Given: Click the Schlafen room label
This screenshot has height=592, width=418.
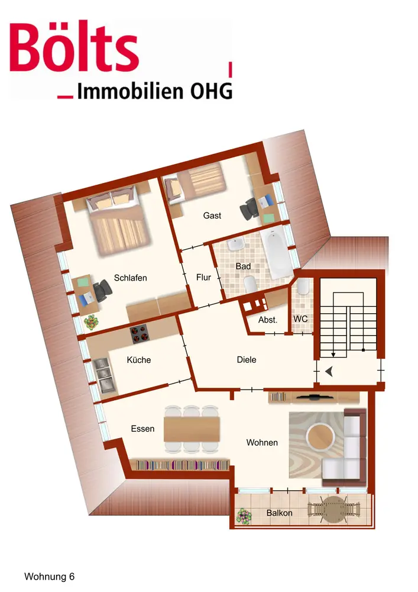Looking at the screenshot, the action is click(131, 278).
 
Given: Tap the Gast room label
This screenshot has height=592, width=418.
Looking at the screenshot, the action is click(212, 215).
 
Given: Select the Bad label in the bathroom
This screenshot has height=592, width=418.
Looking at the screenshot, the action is click(243, 266).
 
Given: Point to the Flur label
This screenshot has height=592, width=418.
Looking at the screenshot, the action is click(203, 277).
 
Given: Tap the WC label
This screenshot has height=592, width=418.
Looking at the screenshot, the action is click(300, 319).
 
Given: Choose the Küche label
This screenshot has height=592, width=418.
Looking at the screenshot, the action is click(139, 359).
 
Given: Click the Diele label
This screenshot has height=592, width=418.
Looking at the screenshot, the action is click(247, 359).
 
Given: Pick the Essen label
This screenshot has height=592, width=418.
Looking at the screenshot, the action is click(142, 429).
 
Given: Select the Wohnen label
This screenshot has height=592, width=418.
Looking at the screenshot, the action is click(262, 442).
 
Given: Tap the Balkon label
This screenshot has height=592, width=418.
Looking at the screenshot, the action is click(279, 513).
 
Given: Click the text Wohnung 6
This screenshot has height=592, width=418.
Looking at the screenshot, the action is click(50, 575).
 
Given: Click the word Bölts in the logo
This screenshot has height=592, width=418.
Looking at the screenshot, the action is click(74, 47).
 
